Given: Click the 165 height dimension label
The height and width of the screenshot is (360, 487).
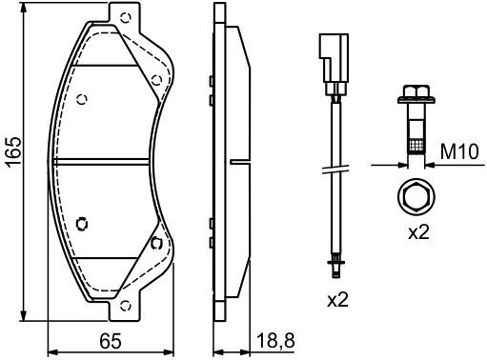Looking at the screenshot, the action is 13,150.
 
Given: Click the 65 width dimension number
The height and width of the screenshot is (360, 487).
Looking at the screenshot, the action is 111,341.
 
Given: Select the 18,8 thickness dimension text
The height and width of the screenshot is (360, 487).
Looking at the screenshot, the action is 275,342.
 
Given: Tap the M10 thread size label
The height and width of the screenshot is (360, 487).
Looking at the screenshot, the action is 459,151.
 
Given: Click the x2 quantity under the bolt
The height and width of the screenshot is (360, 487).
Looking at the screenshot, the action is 418,232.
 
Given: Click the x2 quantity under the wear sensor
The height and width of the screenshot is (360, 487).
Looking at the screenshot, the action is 337,300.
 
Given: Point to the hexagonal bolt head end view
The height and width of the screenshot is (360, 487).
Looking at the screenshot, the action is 416,196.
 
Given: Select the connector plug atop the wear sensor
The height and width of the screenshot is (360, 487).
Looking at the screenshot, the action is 334,64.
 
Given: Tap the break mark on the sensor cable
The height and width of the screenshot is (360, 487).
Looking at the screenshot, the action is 335,169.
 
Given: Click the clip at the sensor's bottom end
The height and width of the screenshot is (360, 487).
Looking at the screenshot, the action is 335,267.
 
